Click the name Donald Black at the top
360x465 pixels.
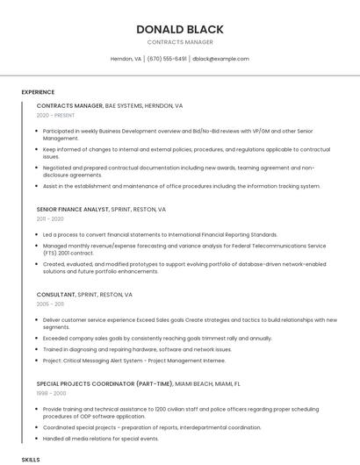pyautogui.click(x=180, y=29)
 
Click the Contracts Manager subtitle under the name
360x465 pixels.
pyautogui.click(x=180, y=42)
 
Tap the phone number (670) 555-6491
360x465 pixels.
pyautogui.click(x=167, y=59)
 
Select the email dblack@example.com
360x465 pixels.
pyautogui.click(x=220, y=59)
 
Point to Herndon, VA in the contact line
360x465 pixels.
pyautogui.click(x=126, y=59)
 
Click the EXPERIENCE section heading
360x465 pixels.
pyautogui.click(x=38, y=91)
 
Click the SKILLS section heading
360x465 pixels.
pyautogui.click(x=31, y=459)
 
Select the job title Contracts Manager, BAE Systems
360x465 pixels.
pyautogui.click(x=110, y=105)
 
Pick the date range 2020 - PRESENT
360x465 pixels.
pyautogui.click(x=55, y=115)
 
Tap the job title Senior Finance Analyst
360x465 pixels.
pyautogui.click(x=101, y=210)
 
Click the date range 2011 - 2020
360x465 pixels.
pyautogui.click(x=50, y=219)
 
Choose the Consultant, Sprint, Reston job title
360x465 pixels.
pyautogui.click(x=84, y=295)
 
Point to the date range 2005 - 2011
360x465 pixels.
pyautogui.click(x=50, y=304)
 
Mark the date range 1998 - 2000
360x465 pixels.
pyautogui.click(x=51, y=393)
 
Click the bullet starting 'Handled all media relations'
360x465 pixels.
pyautogui.click(x=100, y=438)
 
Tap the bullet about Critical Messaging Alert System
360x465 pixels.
pyautogui.click(x=133, y=360)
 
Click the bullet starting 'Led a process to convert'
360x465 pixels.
pyautogui.click(x=160, y=235)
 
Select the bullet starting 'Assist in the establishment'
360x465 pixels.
pyautogui.click(x=181, y=186)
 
